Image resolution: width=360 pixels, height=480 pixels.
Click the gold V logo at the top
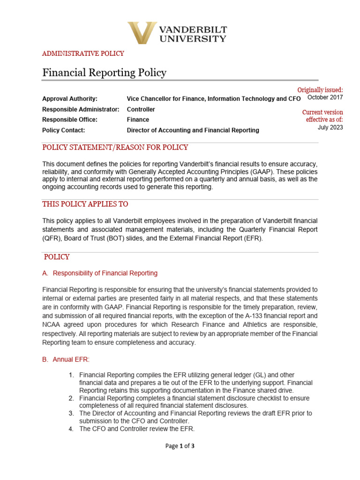click(142, 33)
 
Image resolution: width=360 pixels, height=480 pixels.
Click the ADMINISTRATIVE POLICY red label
click(83, 53)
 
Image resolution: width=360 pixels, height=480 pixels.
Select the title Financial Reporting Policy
click(104, 73)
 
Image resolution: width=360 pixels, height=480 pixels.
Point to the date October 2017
click(325, 97)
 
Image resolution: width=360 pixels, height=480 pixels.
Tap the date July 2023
click(330, 127)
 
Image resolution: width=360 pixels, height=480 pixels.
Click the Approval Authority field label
click(70, 99)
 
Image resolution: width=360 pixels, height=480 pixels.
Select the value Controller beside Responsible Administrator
click(141, 109)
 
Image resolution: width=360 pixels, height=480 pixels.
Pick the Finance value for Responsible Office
click(138, 120)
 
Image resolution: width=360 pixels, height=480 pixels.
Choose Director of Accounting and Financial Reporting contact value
click(193, 130)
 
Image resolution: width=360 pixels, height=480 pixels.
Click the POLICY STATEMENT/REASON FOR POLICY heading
click(115, 148)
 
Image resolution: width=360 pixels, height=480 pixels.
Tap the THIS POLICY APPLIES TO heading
click(85, 204)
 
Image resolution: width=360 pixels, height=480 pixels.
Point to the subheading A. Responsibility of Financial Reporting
click(100, 273)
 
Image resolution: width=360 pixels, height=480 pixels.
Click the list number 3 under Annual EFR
click(71, 413)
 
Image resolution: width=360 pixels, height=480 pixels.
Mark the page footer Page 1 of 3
click(180, 446)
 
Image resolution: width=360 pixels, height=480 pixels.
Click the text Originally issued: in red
click(320, 90)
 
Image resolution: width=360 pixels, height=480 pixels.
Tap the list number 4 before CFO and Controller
click(71, 429)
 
